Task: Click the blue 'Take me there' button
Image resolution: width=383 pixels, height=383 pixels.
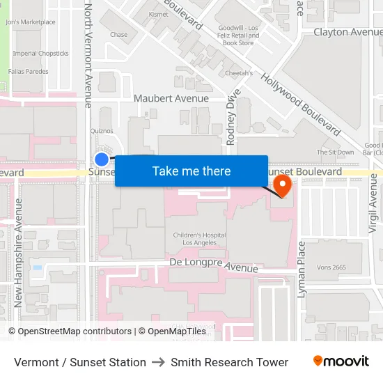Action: point(191,171)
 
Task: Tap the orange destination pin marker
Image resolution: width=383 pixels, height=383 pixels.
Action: point(283,185)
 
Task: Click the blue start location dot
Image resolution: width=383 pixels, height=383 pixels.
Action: point(102,159)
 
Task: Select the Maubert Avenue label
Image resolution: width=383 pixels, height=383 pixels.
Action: point(171,98)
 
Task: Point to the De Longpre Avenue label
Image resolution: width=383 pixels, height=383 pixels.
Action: point(214,265)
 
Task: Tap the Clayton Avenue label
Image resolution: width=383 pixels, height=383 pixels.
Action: point(347,32)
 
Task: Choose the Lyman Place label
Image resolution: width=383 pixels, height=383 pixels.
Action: point(302,269)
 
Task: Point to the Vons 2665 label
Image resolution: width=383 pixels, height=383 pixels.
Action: point(330,267)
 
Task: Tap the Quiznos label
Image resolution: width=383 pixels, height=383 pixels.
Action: point(102,130)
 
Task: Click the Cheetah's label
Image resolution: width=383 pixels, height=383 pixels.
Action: point(238,72)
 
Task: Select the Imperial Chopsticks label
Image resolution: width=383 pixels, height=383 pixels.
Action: point(40,53)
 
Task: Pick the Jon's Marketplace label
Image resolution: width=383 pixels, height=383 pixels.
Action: point(30,22)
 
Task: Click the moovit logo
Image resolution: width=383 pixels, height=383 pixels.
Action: point(341,361)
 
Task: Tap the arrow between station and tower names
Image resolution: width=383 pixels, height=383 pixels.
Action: point(158,362)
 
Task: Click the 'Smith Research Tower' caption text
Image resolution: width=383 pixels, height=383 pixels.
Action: point(229,362)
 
